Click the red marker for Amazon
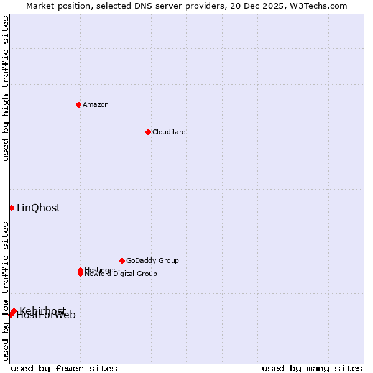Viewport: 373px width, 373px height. point(78,104)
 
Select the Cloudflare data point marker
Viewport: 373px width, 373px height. point(148,132)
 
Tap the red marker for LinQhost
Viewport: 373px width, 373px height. point(11,208)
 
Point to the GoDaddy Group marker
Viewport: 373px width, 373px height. point(122,260)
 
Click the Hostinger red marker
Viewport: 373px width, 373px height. point(80,270)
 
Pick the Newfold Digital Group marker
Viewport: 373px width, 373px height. point(80,274)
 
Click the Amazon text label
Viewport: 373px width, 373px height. point(96,104)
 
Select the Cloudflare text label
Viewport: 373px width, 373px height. point(169,132)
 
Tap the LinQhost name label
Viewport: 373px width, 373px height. point(39,208)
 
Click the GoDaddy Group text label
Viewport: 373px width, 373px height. point(152,260)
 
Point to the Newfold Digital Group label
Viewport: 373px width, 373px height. point(121,274)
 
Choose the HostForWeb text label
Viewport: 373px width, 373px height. point(46,315)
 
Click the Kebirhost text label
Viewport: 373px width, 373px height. point(42,311)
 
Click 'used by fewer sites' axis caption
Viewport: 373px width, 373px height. point(64,368)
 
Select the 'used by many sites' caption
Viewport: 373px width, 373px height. point(312,368)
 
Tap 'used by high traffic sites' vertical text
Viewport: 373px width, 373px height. point(6,88)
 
